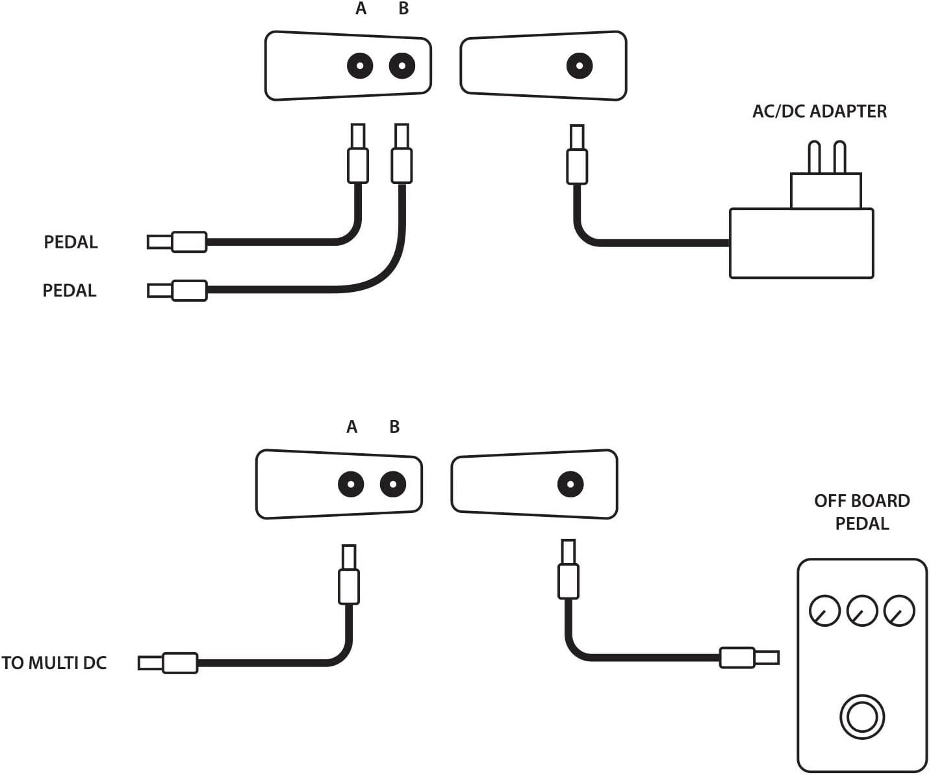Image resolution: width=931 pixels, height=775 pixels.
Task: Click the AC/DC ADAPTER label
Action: pos(819,111)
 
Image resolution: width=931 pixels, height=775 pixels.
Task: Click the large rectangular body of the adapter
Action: pos(801,243)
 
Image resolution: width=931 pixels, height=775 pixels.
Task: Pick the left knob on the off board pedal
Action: pos(824,611)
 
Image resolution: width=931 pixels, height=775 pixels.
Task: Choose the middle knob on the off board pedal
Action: pos(862,611)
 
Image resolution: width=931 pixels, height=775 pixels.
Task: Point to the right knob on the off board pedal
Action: pos(900,611)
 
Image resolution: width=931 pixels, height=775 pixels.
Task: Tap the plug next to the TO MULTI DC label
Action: pos(168,663)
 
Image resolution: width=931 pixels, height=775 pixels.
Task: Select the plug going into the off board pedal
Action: pos(749,658)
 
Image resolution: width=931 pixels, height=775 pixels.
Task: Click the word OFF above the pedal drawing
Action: pos(829,501)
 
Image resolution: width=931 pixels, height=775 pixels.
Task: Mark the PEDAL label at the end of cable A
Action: pos(71,242)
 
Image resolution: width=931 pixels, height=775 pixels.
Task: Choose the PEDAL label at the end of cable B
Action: pos(70,291)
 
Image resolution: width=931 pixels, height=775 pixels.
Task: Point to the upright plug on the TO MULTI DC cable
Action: pos(349,575)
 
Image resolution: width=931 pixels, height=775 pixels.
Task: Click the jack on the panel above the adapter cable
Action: pos(580,66)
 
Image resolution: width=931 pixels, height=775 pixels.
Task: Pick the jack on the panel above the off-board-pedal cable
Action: pos(570,484)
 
